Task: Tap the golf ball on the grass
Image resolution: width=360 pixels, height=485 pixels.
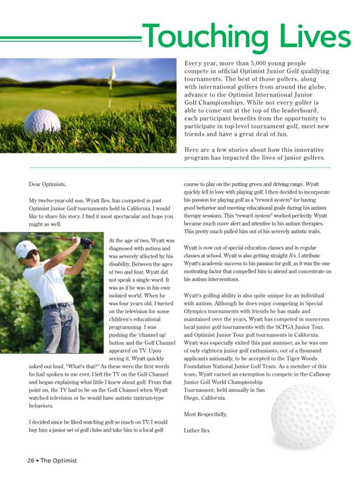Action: coord(42,121)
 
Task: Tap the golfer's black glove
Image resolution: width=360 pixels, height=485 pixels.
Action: coord(86,242)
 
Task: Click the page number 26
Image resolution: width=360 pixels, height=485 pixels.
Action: coord(31,460)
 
